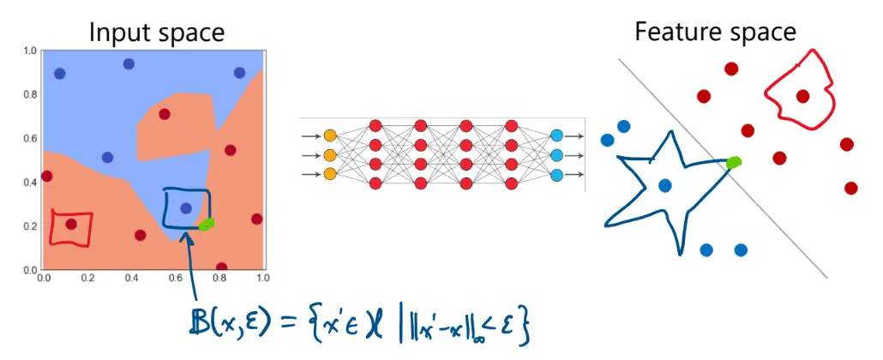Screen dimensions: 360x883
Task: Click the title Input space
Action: tap(157, 33)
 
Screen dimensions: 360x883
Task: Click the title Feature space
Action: tap(715, 32)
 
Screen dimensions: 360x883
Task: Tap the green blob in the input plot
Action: tap(206, 225)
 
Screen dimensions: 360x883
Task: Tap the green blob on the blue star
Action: tap(734, 162)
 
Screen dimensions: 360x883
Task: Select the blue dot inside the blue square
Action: tap(186, 207)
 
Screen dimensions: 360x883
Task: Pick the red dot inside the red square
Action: tap(71, 225)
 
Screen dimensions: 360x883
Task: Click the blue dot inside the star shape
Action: tap(664, 185)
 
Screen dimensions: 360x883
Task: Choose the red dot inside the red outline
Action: tap(802, 96)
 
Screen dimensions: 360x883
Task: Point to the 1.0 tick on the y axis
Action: tap(29, 51)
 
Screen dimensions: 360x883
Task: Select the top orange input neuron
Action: tap(330, 135)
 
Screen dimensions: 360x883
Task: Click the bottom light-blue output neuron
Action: tap(557, 176)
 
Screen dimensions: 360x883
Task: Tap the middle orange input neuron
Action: tap(330, 155)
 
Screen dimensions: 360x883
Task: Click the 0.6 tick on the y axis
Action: tap(29, 139)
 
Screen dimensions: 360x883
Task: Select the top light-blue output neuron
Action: tap(557, 135)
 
